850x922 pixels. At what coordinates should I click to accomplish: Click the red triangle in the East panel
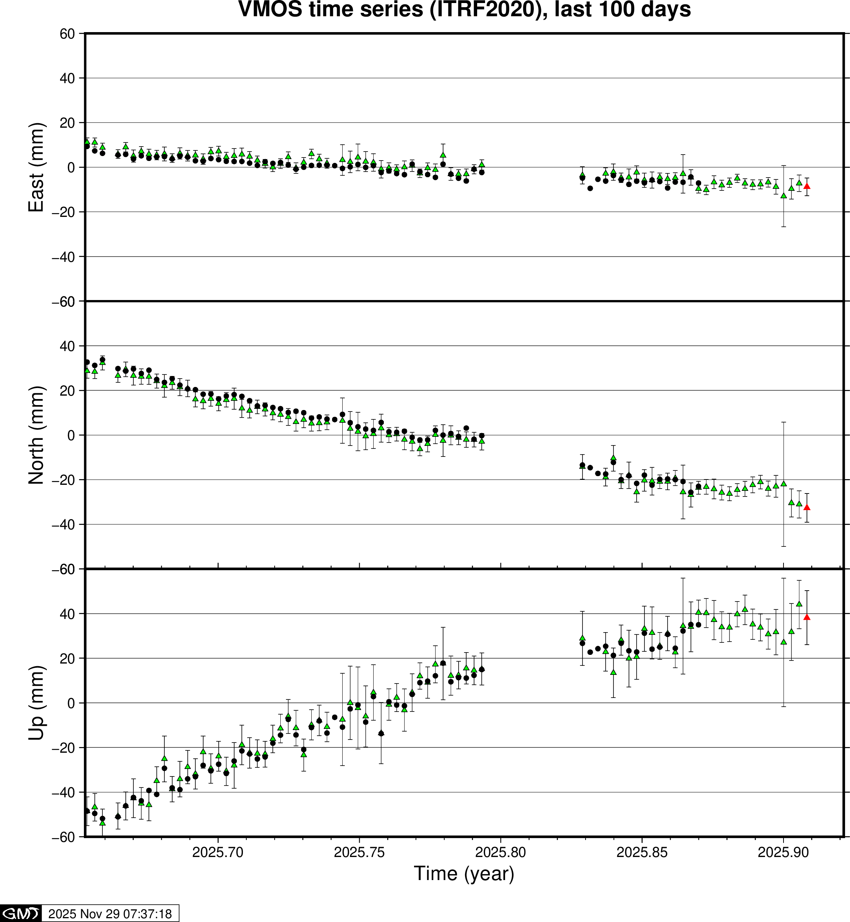(806, 186)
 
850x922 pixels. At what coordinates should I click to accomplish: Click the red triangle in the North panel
(806, 507)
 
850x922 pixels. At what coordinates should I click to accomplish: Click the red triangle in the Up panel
(806, 617)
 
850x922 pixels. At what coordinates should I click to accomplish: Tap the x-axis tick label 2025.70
(218, 852)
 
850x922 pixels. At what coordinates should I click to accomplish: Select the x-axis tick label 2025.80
(501, 852)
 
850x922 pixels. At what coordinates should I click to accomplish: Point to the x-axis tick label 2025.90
(783, 852)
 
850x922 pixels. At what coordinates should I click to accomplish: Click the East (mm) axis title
(36, 167)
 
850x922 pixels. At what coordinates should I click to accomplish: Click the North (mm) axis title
(36, 435)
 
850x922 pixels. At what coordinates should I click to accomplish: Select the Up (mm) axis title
(36, 703)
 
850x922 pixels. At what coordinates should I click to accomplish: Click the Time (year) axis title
(464, 874)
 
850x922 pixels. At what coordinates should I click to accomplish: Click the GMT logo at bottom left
(21, 913)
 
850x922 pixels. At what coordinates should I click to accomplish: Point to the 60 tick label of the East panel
(67, 34)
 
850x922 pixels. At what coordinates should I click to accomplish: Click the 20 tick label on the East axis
(67, 123)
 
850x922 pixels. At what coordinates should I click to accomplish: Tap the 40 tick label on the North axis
(67, 346)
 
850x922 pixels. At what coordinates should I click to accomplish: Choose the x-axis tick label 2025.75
(359, 852)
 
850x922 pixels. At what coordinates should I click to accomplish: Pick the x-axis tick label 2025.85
(641, 852)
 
